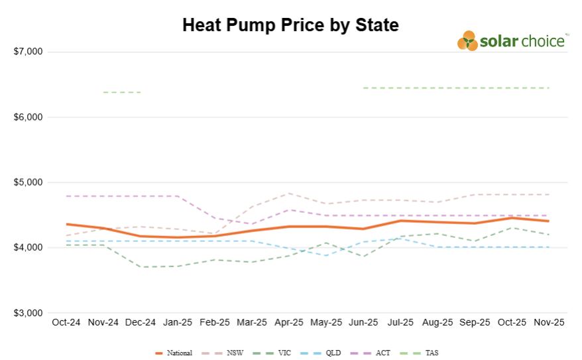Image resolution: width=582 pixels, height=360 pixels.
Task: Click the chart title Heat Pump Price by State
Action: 290,25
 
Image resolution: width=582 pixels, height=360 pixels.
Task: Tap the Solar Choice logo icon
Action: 467,41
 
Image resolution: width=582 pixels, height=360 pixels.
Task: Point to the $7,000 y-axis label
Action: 28,52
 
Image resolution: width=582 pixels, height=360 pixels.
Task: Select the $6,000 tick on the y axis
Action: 28,117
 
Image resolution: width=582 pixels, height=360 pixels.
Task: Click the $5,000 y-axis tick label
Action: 28,182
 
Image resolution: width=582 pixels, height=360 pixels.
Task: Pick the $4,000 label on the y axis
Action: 28,247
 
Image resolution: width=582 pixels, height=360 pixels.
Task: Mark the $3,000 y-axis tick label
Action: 28,313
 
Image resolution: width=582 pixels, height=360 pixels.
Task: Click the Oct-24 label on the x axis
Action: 66,322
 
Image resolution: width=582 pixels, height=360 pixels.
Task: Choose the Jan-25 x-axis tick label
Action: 177,322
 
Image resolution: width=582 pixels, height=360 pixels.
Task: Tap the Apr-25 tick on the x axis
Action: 288,322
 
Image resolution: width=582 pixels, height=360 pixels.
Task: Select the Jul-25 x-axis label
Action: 400,322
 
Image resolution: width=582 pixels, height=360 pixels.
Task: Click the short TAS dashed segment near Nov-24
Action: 122,92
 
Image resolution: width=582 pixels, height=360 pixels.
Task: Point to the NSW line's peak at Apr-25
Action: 288,194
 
